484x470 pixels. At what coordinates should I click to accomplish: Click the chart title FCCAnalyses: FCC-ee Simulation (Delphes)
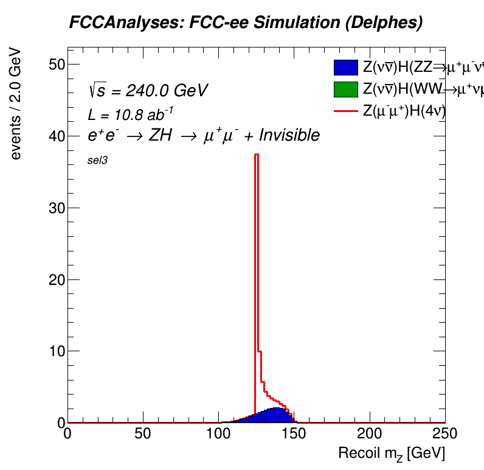[x=246, y=23]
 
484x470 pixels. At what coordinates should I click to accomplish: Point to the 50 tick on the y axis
[x=57, y=65]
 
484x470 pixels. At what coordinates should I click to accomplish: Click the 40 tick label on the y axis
[x=57, y=136]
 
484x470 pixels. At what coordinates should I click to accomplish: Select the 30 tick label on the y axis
[x=57, y=208]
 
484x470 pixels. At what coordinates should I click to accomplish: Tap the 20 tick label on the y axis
[x=57, y=279]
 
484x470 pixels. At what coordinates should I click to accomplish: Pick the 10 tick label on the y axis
[x=57, y=351]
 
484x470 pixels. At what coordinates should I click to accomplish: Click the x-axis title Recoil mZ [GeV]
[x=392, y=454]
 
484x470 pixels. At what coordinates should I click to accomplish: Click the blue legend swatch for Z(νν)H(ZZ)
[x=345, y=68]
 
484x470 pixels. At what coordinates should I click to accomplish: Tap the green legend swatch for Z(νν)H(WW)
[x=345, y=89]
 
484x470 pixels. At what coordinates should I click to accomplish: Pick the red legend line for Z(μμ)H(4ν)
[x=345, y=111]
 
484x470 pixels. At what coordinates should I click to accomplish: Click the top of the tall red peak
[x=257, y=155]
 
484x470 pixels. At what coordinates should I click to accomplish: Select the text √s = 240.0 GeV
[x=148, y=91]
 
